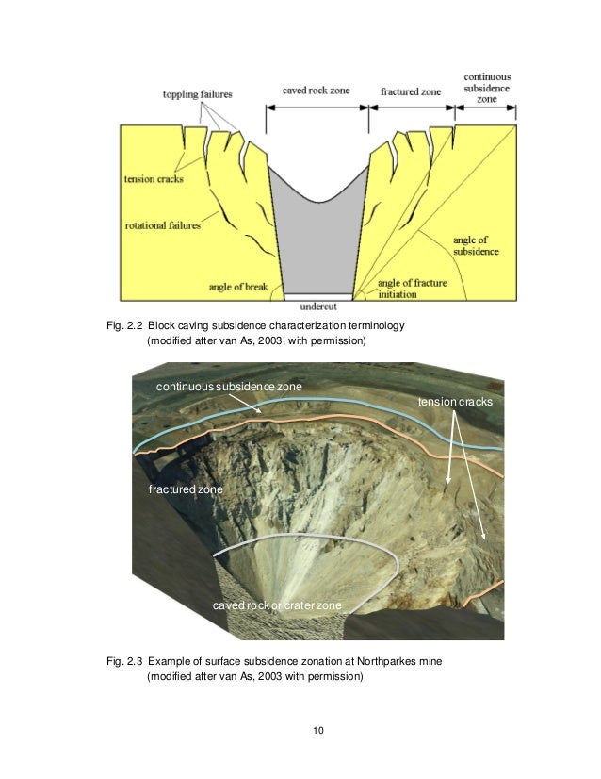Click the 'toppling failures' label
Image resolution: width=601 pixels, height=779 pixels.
(x=197, y=94)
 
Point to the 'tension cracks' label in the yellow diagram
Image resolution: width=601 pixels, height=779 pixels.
(x=153, y=179)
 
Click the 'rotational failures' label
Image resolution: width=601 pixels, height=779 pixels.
(x=163, y=225)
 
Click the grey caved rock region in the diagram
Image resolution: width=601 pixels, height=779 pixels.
(x=316, y=240)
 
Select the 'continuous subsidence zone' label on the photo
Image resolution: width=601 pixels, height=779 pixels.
(x=223, y=388)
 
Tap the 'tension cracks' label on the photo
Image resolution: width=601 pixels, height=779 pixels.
(x=454, y=403)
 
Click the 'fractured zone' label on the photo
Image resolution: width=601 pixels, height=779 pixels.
(x=185, y=490)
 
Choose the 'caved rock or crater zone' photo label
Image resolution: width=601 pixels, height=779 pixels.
(x=277, y=604)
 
